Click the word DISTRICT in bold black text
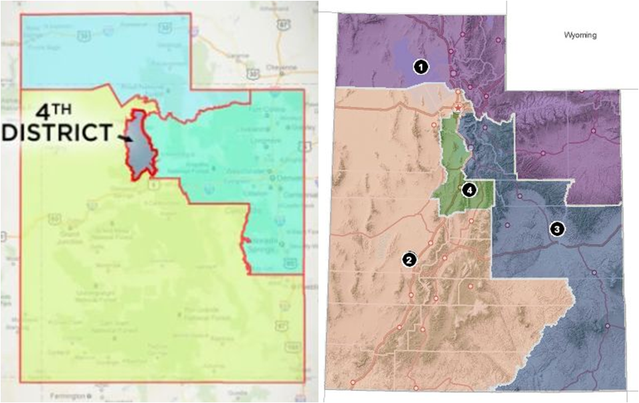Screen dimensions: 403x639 (x=56, y=131)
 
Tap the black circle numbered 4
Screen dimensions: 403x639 (x=470, y=190)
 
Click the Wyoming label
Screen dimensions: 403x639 (x=579, y=35)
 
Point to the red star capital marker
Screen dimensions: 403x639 (x=458, y=108)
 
